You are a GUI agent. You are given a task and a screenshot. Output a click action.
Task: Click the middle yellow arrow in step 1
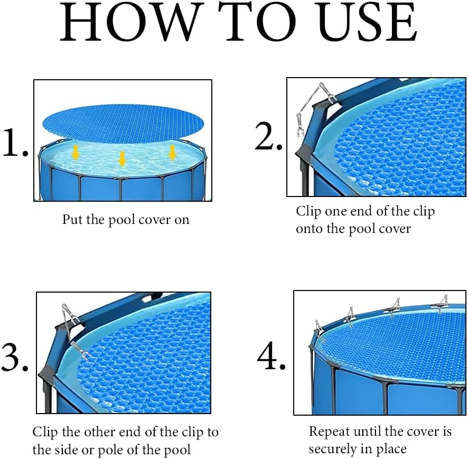coord(122,158)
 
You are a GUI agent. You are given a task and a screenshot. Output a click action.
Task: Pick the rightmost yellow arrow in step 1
coord(172,152)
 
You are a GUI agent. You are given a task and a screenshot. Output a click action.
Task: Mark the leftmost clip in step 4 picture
coord(318,326)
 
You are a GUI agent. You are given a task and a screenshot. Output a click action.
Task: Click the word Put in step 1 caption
coord(72,219)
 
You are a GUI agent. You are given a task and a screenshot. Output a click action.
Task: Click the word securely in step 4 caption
coord(333,449)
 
